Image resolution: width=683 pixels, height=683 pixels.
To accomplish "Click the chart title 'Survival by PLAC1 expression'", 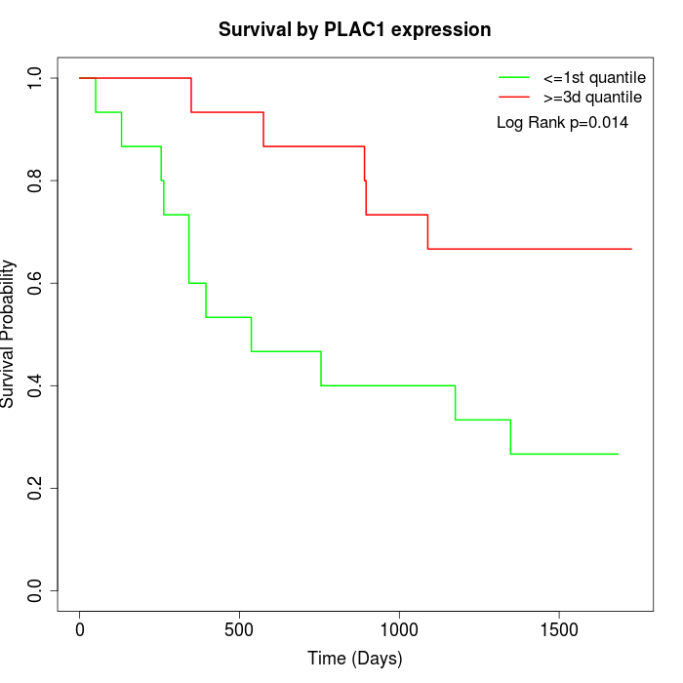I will (354, 30).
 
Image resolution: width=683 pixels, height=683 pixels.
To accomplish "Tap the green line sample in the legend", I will (513, 77).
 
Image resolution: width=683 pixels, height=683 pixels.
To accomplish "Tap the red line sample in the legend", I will (513, 97).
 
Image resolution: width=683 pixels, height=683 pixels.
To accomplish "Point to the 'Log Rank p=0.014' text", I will (562, 123).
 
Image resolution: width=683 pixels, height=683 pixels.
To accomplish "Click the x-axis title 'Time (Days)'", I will (354, 659).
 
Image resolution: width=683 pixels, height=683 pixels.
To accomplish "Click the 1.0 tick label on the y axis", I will (36, 78).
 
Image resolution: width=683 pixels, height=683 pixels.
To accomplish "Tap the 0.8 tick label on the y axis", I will (36, 181).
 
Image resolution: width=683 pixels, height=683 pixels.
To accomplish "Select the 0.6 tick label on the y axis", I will (36, 283).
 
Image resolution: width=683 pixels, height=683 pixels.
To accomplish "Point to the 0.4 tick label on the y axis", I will (36, 385).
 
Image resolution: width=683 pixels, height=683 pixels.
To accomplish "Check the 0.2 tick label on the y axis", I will (36, 488).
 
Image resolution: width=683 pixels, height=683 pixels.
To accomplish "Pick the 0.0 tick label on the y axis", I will (36, 590).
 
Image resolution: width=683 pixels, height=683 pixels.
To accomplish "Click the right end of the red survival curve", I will (631, 249).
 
